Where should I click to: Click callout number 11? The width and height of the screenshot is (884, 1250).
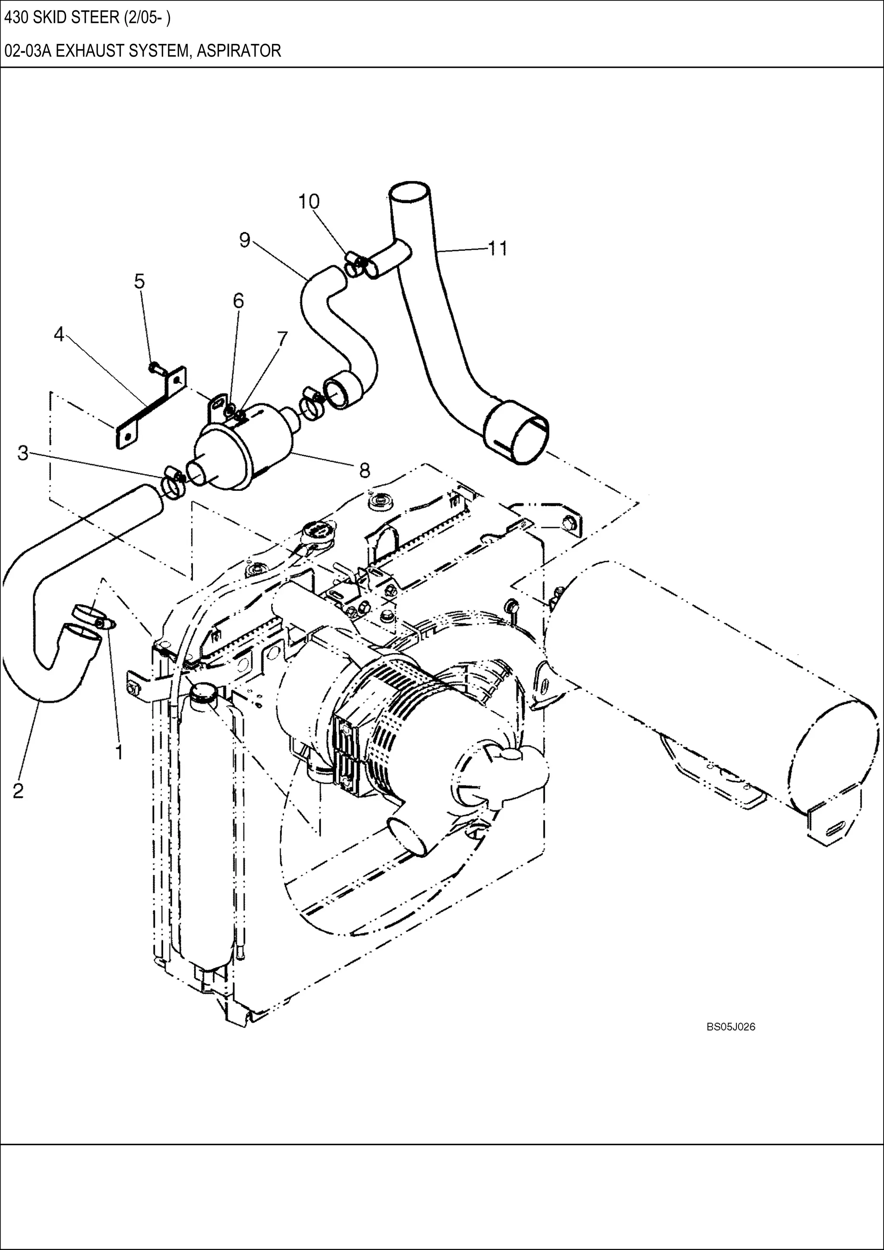(497, 248)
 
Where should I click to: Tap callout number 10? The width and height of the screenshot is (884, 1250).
(309, 201)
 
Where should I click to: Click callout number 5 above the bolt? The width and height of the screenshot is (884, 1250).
(139, 282)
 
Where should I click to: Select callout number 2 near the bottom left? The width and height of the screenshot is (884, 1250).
(18, 791)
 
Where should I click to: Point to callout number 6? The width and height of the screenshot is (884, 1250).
(239, 301)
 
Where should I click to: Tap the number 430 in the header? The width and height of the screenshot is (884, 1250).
(16, 18)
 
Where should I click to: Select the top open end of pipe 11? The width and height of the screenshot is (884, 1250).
(410, 192)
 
